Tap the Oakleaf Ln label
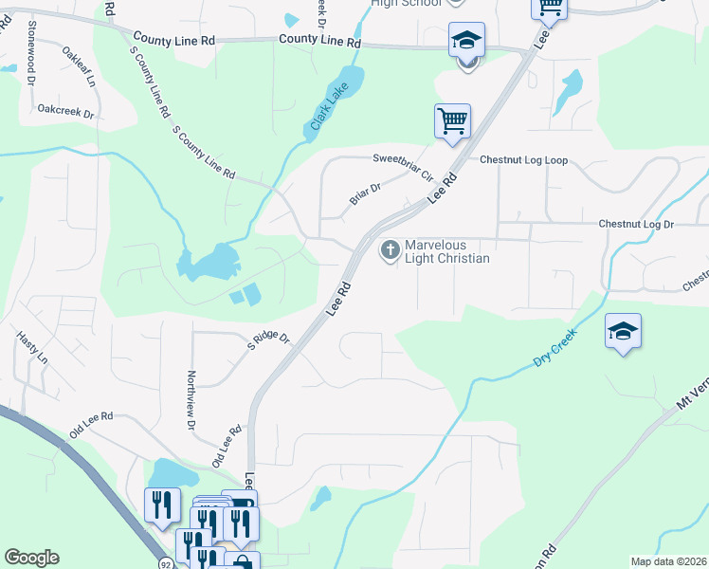pyautogui.click(x=80, y=66)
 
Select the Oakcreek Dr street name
pyautogui.click(x=66, y=112)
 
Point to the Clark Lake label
pyautogui.click(x=326, y=109)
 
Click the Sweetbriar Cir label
pyautogui.click(x=402, y=167)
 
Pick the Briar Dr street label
pyautogui.click(x=365, y=193)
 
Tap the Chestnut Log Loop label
pyautogui.click(x=523, y=160)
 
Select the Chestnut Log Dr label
pyautogui.click(x=635, y=225)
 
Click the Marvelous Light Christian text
pyautogui.click(x=446, y=251)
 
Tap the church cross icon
pyautogui.click(x=389, y=250)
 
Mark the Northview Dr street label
pyautogui.click(x=191, y=399)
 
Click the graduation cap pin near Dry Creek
pyautogui.click(x=623, y=332)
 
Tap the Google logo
pyautogui.click(x=31, y=558)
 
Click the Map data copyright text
pyautogui.click(x=667, y=561)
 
